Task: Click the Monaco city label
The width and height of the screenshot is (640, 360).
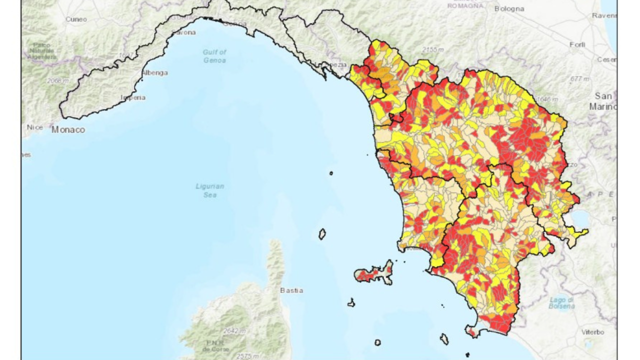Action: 68,130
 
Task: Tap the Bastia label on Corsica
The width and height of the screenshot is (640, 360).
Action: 291,290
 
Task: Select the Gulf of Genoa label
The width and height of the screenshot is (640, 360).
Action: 214,56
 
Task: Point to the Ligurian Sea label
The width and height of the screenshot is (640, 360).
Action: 210,190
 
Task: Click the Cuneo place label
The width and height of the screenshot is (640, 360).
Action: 76,19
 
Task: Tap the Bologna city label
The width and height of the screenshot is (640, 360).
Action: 509,8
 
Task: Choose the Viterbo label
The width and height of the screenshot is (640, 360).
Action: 592,332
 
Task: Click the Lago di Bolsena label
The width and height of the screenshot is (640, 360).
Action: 561,303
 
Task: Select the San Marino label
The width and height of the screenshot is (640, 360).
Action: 603,101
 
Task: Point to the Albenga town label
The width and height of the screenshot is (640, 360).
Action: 154,72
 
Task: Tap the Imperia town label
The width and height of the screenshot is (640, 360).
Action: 133,97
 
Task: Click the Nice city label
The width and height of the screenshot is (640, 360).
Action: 34,127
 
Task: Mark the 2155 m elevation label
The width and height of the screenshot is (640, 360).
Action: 432,49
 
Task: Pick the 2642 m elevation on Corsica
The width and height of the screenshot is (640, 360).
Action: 234,331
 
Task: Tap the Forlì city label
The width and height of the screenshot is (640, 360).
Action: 577,44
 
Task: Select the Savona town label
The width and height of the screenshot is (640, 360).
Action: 183,32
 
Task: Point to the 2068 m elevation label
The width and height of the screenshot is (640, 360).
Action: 57,80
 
